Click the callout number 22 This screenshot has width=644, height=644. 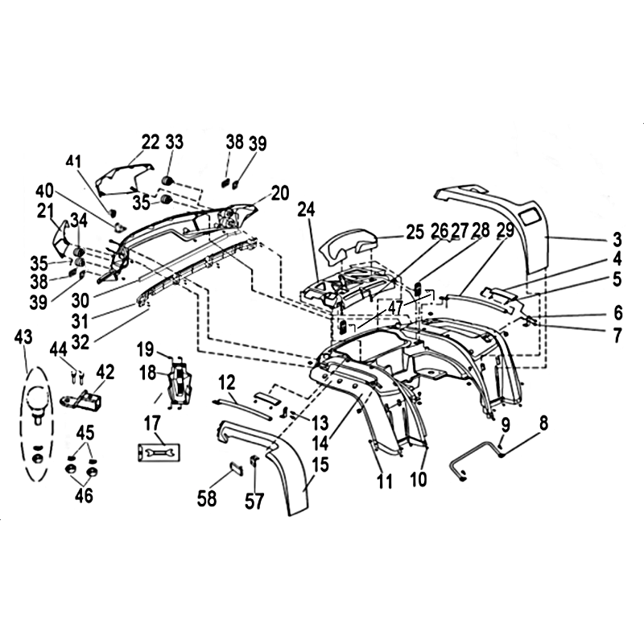click(151, 142)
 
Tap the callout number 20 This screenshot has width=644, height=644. click(280, 193)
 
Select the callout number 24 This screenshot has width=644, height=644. click(307, 209)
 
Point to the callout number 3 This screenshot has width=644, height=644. click(617, 239)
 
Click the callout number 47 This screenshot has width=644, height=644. click(395, 308)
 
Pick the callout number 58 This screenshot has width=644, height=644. click(207, 498)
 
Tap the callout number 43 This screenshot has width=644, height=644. click(23, 337)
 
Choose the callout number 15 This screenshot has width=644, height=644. click(320, 464)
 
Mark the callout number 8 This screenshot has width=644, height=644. click(543, 423)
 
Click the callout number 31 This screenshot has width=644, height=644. click(80, 321)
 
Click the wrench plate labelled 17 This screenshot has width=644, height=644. click(159, 452)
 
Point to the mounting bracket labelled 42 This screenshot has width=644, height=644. click(82, 399)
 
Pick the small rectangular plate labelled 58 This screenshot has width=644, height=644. click(235, 469)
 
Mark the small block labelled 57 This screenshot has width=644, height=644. click(254, 461)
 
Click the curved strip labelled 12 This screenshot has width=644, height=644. click(242, 409)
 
